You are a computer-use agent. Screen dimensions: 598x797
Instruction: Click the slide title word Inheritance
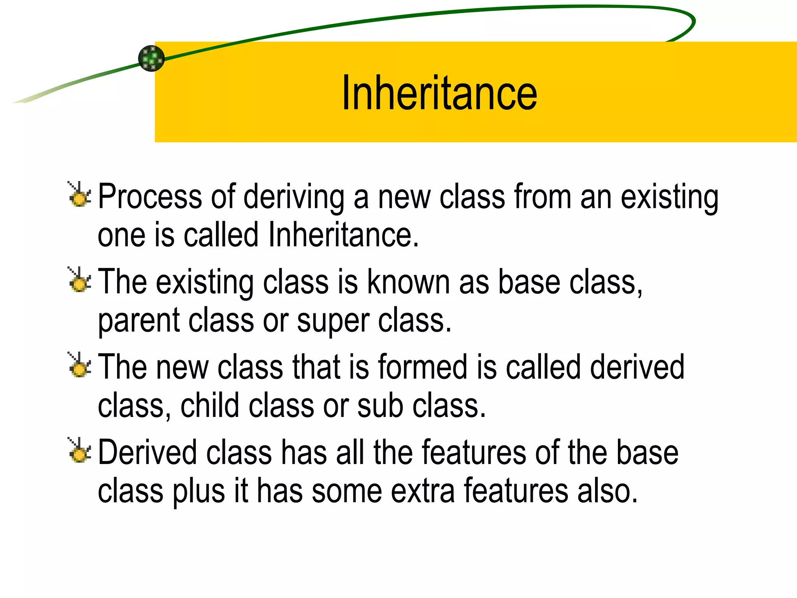(439, 93)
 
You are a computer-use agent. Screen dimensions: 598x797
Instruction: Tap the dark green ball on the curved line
(151, 58)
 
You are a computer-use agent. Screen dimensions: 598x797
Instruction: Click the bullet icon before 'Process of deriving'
(79, 194)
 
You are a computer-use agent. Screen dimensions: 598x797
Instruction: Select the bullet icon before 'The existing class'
(79, 280)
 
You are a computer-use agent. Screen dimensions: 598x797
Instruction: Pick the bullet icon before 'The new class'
(79, 365)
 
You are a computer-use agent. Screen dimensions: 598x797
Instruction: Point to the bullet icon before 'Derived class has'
(79, 450)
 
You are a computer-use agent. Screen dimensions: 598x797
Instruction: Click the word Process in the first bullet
(150, 197)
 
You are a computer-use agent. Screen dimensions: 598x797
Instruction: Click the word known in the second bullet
(409, 282)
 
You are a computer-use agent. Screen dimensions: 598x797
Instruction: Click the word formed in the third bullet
(423, 367)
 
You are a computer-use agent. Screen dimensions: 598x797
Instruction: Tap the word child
(210, 406)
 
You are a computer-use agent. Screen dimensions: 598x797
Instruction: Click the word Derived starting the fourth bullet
(147, 452)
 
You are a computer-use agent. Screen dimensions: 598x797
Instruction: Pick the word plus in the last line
(199, 491)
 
